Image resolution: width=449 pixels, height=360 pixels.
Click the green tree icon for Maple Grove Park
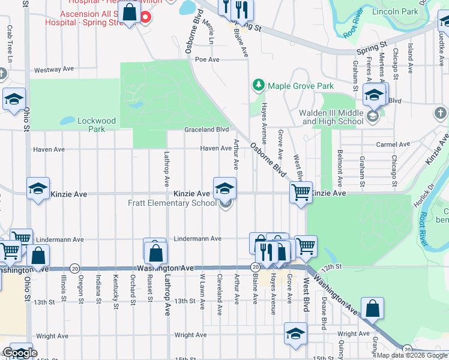[x=259, y=86]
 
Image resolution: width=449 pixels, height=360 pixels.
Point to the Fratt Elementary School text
[x=172, y=203]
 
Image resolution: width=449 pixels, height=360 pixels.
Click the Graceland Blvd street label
[x=207, y=129]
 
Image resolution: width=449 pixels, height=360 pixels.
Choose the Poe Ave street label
[x=208, y=59]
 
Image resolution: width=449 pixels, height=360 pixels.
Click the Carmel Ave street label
[x=393, y=145]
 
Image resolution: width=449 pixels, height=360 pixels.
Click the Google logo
[x=19, y=353]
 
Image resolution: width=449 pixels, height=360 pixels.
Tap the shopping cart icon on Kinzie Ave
[x=301, y=193]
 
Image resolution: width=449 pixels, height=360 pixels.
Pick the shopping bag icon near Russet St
[x=155, y=251]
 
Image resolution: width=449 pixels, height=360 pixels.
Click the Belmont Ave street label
[x=340, y=169]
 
